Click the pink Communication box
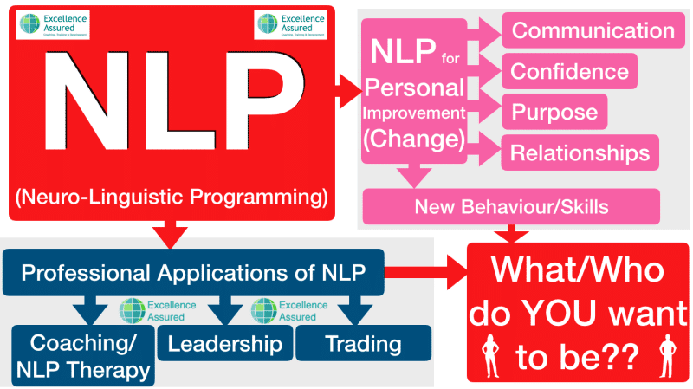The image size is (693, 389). tap(593, 31)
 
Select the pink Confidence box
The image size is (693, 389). tap(569, 71)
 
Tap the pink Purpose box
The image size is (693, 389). tap(554, 112)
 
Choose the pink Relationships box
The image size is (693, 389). tap(580, 152)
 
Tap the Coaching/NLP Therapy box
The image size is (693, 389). tap(82, 355)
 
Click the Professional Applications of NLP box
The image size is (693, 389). tap(192, 275)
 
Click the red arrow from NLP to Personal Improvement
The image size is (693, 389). tap(348, 86)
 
